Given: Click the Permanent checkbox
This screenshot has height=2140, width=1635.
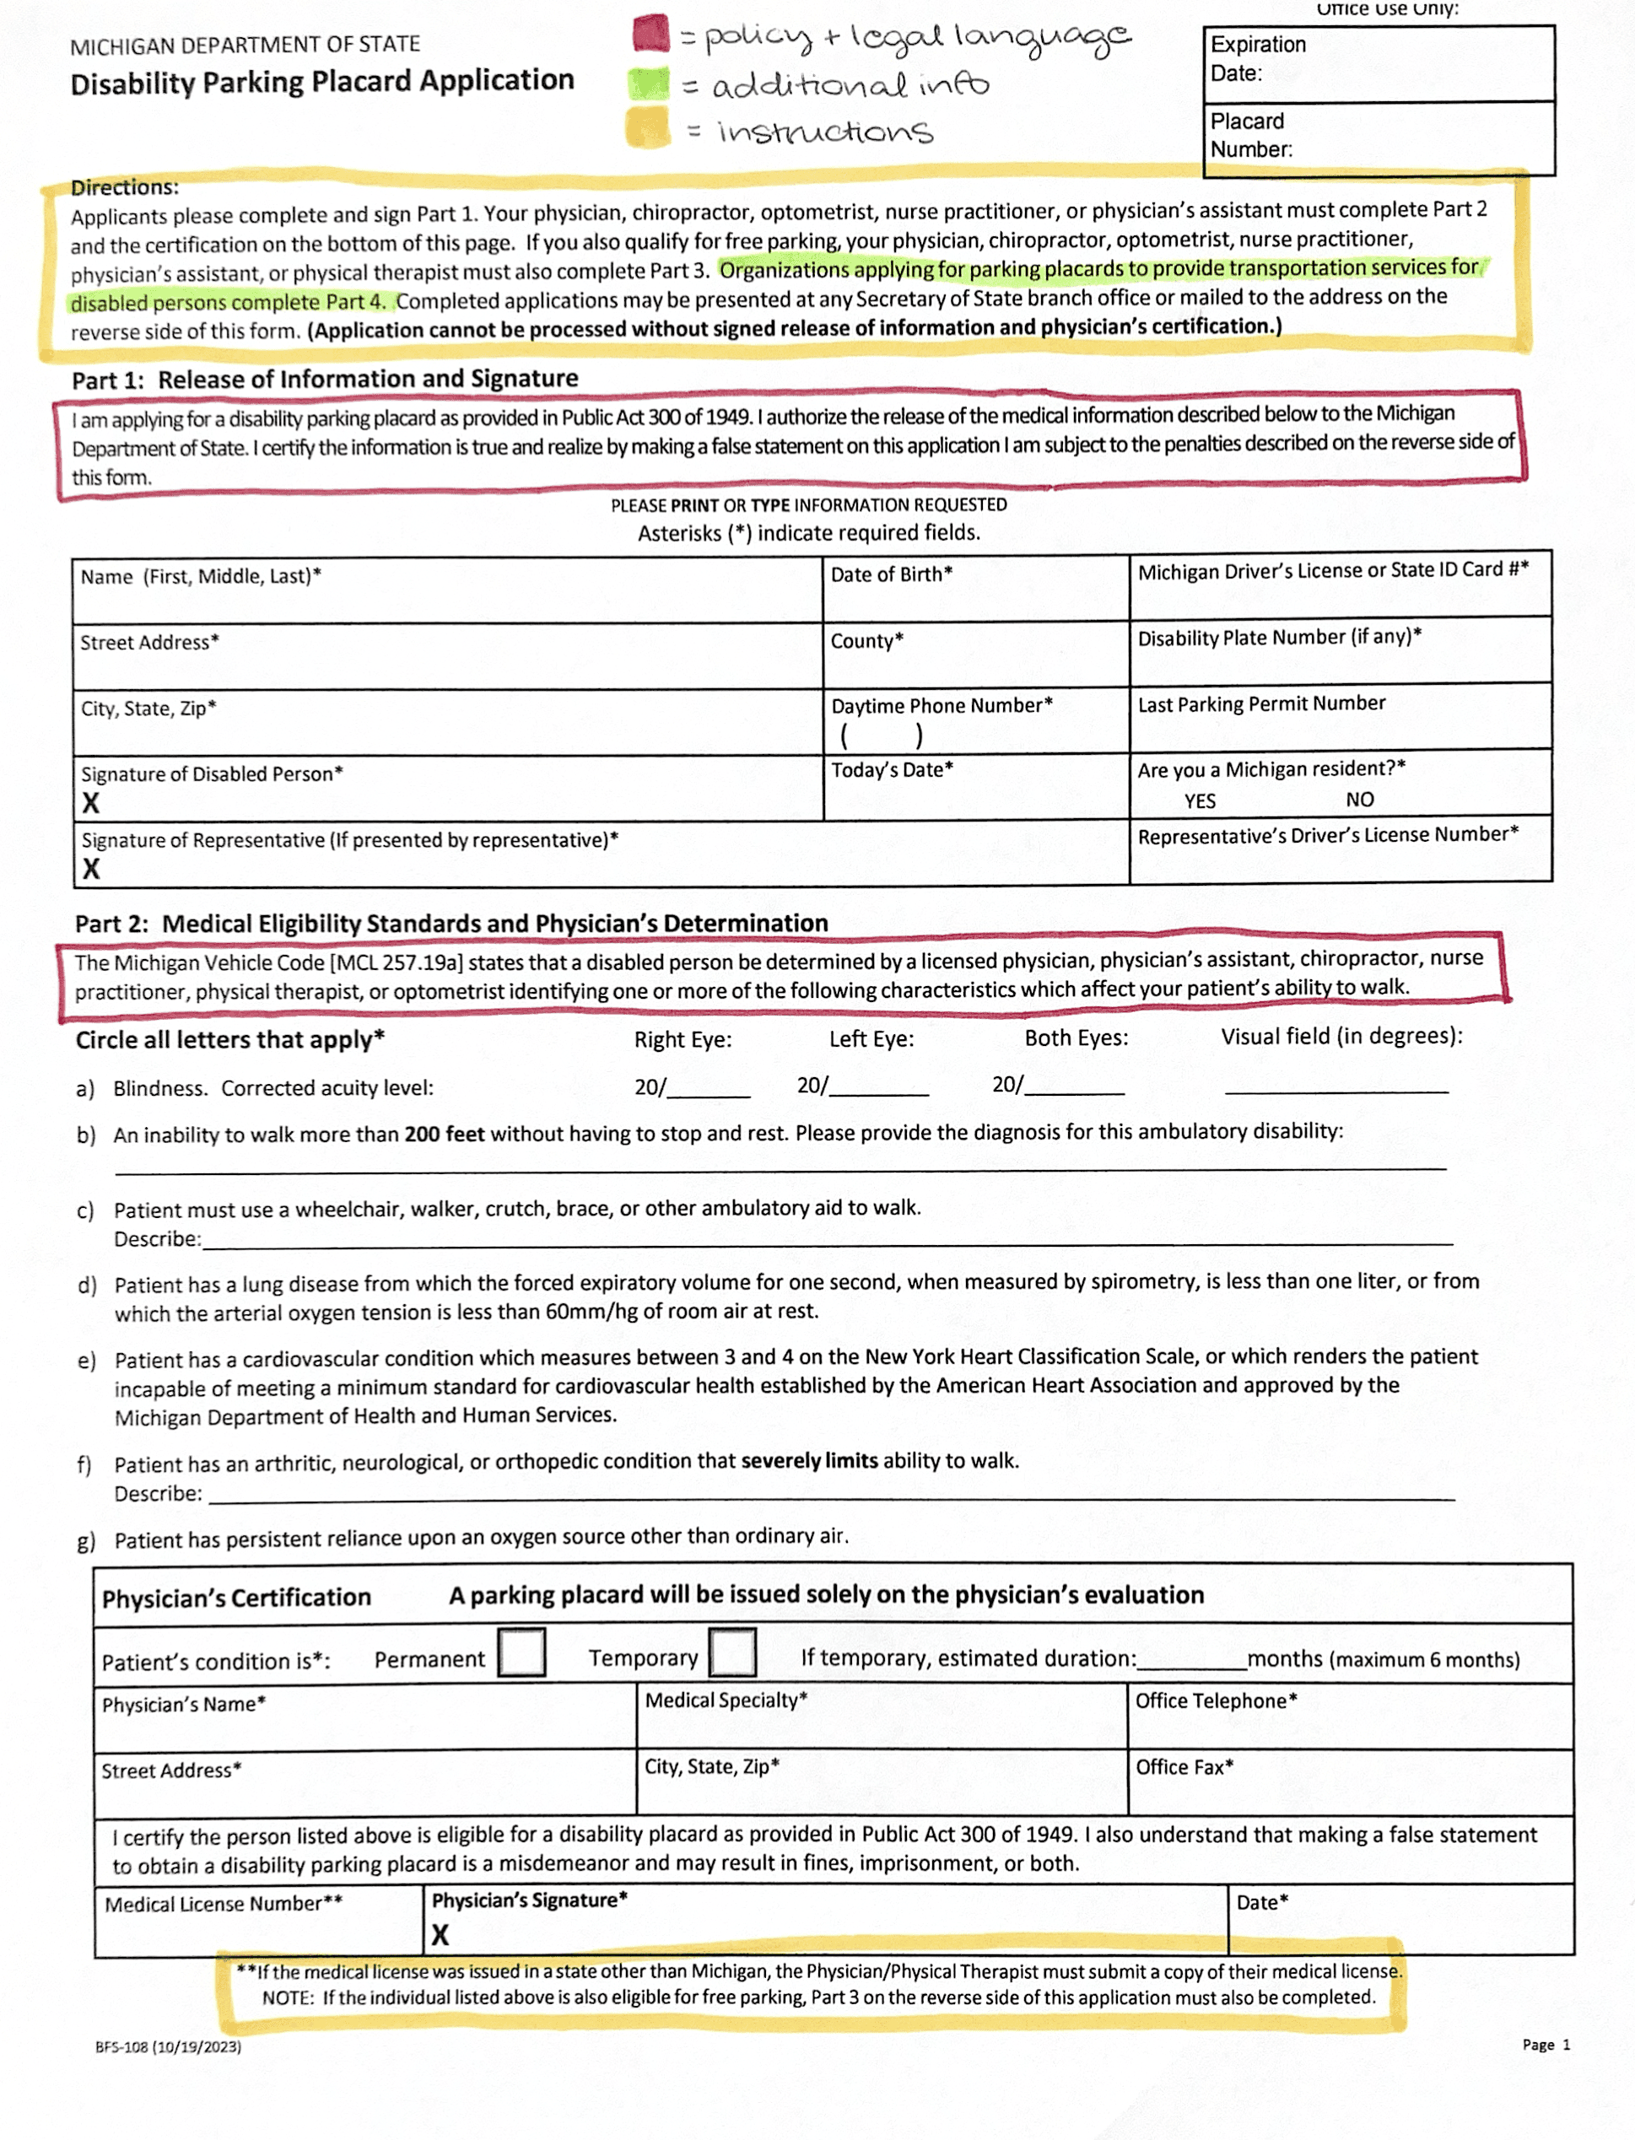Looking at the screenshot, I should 521,1653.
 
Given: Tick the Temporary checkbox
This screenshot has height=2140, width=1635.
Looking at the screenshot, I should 733,1652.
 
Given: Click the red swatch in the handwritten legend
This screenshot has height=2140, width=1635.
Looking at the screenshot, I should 650,34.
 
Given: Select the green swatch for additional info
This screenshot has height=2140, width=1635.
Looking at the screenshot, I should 649,84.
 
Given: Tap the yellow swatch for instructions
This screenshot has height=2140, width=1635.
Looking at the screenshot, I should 648,127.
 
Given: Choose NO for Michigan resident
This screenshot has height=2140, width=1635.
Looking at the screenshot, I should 1360,800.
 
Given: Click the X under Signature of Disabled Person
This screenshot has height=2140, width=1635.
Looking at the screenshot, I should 90,804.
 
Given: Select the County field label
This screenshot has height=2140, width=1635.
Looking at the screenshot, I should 866,641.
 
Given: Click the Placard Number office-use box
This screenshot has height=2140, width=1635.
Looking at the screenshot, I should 1378,137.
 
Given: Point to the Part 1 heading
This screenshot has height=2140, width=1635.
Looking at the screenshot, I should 325,380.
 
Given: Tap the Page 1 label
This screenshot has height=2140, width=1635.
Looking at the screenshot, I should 1546,2045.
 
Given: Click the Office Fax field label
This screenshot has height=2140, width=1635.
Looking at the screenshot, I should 1184,1767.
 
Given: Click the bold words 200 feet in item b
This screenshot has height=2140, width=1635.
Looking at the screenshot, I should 444,1135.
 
